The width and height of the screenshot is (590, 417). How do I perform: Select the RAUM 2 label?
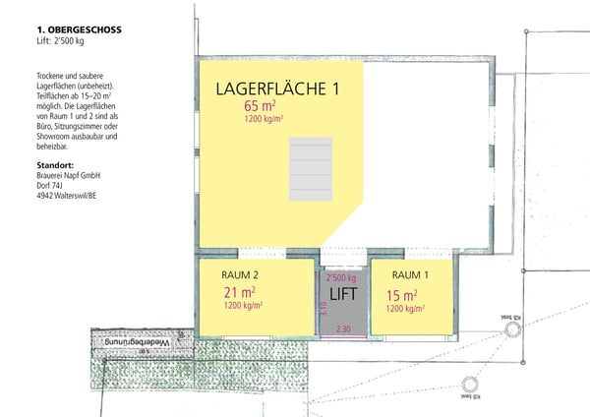[241, 275]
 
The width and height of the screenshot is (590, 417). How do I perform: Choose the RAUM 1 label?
[411, 275]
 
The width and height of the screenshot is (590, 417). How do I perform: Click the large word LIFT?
[342, 294]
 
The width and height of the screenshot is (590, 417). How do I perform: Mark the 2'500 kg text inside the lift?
[340, 278]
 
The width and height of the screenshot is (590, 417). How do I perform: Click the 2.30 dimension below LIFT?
[343, 328]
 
